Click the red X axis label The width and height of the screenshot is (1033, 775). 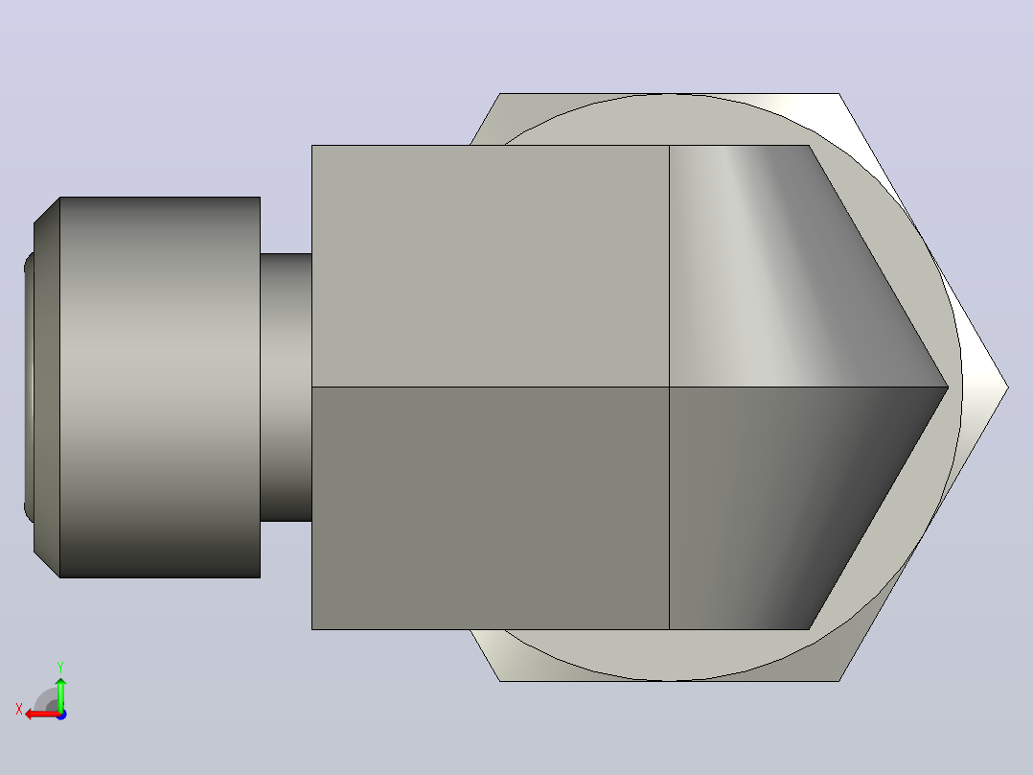(19, 710)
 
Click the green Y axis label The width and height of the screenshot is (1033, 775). (60, 667)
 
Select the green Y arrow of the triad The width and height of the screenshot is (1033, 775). (60, 693)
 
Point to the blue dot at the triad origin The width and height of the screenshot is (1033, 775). (61, 715)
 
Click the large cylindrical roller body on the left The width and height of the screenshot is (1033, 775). (160, 387)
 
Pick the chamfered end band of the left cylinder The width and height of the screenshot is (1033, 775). (47, 387)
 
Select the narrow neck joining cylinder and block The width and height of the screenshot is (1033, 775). (286, 387)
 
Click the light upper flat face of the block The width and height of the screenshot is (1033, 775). (491, 266)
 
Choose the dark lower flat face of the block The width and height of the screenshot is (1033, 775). (491, 507)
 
